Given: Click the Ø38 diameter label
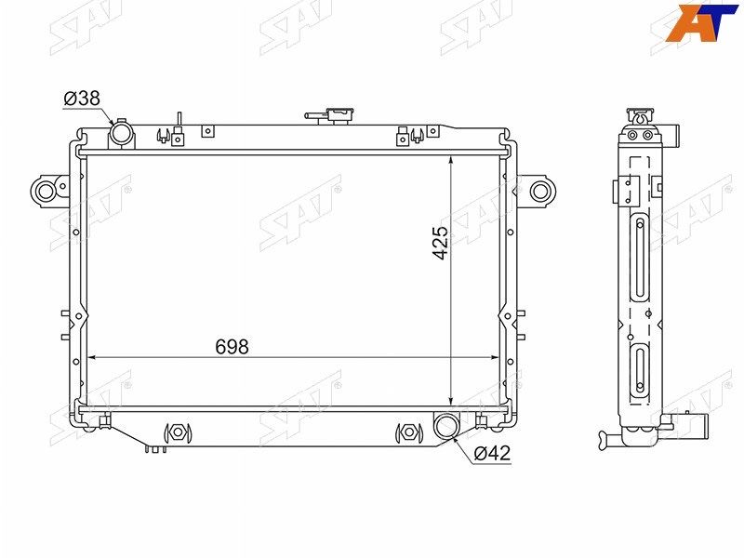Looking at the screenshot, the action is tap(82, 99).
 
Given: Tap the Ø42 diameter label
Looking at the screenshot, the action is tap(492, 453).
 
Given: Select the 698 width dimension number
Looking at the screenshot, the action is tap(232, 347).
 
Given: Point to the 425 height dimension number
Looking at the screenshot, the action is tap(440, 243).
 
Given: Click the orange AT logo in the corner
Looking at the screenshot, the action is tap(701, 22).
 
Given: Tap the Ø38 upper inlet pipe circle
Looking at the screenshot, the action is tap(121, 132).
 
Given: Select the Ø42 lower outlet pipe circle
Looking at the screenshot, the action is tap(446, 425).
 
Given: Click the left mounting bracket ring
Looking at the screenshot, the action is tap(46, 192).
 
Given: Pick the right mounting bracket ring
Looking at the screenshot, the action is tap(539, 192).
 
